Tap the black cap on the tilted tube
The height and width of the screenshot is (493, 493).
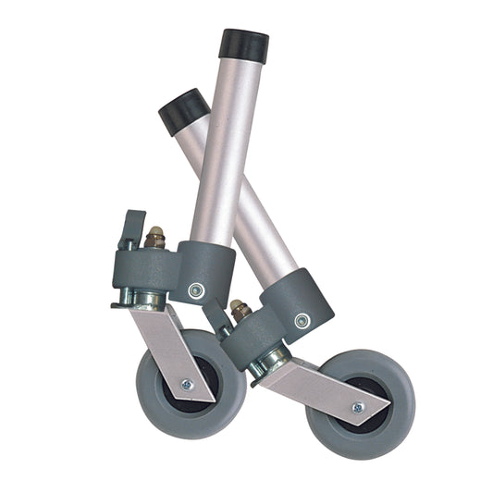181,109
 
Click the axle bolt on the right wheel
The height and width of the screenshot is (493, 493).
357,407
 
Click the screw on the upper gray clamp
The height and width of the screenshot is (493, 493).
195,290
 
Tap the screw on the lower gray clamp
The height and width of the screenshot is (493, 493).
302,321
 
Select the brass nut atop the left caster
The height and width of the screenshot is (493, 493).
154,238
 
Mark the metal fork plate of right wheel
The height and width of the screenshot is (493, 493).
314,384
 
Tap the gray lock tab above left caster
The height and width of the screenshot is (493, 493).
132,225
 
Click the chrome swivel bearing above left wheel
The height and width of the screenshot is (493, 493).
147,299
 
